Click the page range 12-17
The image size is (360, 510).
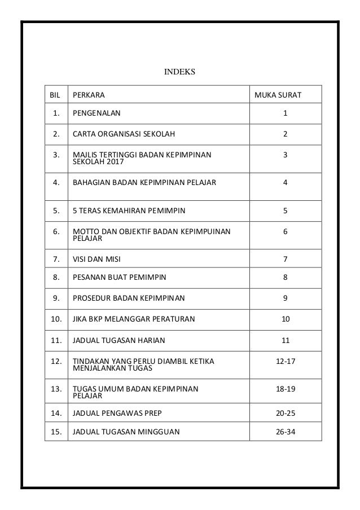point(285,361)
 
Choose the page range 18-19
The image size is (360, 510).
point(285,389)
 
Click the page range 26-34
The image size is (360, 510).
point(285,433)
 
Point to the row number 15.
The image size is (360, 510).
point(56,433)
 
